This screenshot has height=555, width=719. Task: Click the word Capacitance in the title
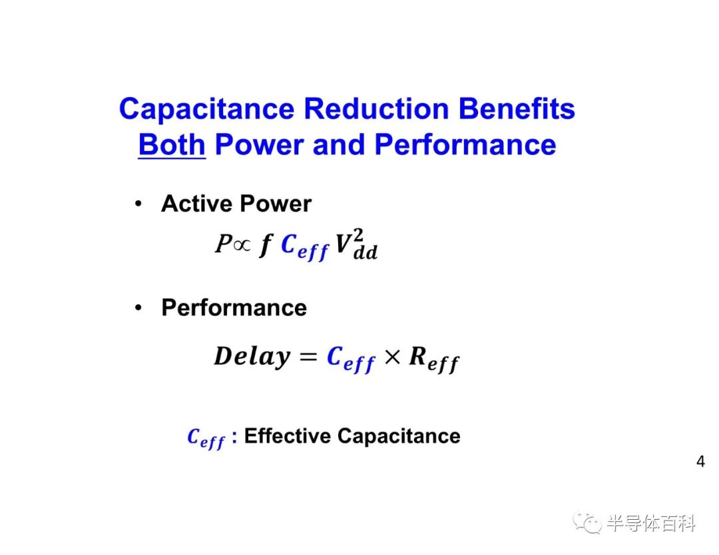pyautogui.click(x=206, y=110)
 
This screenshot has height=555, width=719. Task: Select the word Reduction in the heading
pyautogui.click(x=376, y=108)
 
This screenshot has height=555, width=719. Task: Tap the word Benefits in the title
pyautogui.click(x=517, y=108)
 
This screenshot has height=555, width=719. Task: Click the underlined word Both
pyautogui.click(x=172, y=145)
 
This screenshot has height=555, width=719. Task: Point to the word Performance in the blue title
pyautogui.click(x=465, y=145)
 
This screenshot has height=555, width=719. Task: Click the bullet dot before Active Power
pyautogui.click(x=138, y=203)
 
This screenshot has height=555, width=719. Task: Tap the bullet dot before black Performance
pyautogui.click(x=138, y=307)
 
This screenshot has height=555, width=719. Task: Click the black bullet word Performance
pyautogui.click(x=234, y=307)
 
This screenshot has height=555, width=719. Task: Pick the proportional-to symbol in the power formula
pyautogui.click(x=242, y=245)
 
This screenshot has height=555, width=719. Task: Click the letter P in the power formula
pyautogui.click(x=223, y=244)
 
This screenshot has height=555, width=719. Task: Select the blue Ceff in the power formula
pyautogui.click(x=304, y=247)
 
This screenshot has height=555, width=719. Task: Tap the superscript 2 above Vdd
pyautogui.click(x=359, y=235)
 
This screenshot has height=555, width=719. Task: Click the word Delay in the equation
pyautogui.click(x=252, y=357)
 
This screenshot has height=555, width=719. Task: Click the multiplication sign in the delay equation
pyautogui.click(x=392, y=357)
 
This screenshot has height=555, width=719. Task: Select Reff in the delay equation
pyautogui.click(x=434, y=359)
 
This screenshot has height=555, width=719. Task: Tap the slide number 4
pyautogui.click(x=700, y=461)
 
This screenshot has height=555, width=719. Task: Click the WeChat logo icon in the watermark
pyautogui.click(x=588, y=523)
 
